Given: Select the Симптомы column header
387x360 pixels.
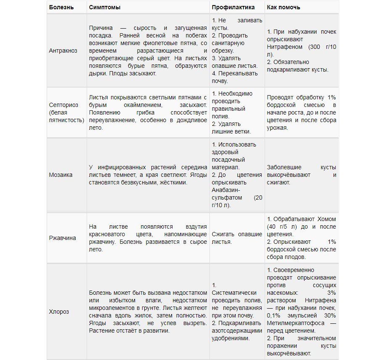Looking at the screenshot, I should pyautogui.click(x=103, y=7).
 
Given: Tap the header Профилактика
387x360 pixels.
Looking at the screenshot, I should pyautogui.click(x=233, y=7).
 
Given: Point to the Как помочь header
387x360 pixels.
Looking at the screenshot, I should pyautogui.click(x=284, y=7).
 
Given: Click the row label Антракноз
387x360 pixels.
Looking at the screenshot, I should pyautogui.click(x=63, y=51).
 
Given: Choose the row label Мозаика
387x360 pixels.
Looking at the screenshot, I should pyautogui.click(x=61, y=175).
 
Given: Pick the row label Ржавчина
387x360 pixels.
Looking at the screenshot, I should pyautogui.click(x=63, y=238).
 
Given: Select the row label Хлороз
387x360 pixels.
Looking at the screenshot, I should pyautogui.click(x=59, y=312).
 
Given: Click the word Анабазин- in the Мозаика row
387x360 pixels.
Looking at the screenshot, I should pyautogui.click(x=226, y=190).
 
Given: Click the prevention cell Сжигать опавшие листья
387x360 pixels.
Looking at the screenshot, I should pyautogui.click(x=237, y=238).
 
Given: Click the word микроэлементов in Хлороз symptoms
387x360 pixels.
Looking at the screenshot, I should pyautogui.click(x=111, y=308).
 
